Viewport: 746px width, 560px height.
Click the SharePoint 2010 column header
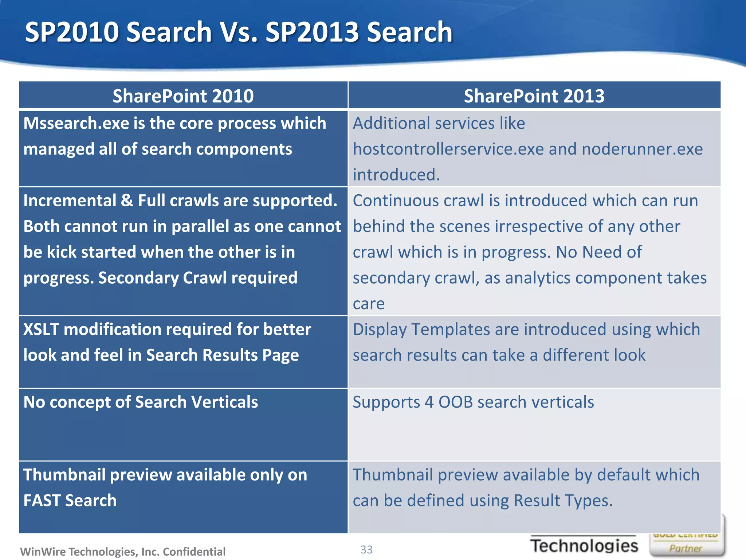183,96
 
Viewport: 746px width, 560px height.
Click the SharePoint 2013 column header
534,96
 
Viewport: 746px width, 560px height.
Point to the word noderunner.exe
642,149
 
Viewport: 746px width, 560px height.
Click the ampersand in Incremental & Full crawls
127,201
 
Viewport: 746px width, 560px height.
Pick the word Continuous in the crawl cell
396,201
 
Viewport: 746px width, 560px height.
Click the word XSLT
41,330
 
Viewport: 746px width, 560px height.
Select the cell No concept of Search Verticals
141,402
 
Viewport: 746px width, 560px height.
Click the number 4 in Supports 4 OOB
429,402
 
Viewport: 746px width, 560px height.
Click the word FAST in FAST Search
41,501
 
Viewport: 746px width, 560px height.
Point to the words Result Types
563,501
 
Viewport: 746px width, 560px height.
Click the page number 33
366,549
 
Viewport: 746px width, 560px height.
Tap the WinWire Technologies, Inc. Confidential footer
123,552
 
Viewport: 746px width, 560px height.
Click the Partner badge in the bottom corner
686,548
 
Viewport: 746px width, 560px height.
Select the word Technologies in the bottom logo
584,546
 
